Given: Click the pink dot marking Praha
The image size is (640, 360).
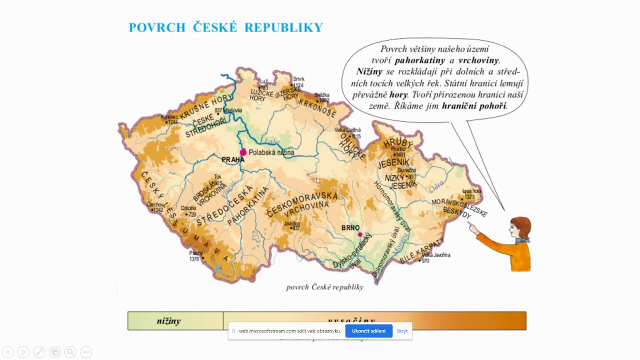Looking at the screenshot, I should click(243, 152).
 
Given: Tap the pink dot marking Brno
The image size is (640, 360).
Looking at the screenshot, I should click(360, 234).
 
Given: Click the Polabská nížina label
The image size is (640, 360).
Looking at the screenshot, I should click(271, 152).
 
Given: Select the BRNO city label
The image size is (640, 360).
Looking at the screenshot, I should click(350, 227).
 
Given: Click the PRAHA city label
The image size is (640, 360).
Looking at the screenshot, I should click(233, 159).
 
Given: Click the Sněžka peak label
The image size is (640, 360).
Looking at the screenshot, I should click(322, 97).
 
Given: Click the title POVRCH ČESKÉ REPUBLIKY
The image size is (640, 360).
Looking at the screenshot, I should click(226, 27).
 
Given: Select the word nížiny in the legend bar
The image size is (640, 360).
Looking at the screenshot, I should click(168, 321).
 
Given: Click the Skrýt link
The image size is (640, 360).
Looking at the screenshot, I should click(402, 331).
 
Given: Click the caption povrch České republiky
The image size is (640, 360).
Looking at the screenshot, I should click(324, 287).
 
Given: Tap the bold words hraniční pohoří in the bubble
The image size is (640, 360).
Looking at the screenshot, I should click(474, 105).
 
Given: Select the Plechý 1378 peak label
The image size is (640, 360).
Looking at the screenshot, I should click(195, 256).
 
